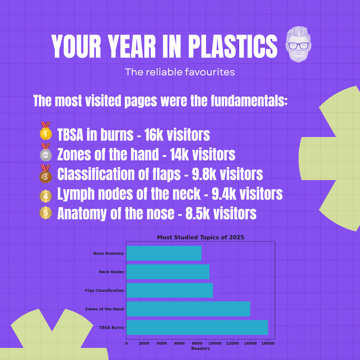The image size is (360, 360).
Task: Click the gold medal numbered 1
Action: (x=46, y=131)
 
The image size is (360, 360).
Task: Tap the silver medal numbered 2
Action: (x=46, y=152)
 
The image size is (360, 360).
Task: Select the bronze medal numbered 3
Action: (x=46, y=174)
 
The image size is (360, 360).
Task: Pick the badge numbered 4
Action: (x=46, y=196)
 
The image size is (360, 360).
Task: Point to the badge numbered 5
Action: (x=46, y=213)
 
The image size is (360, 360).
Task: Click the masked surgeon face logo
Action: (x=298, y=45)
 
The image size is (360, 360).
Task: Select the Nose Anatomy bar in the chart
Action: (x=164, y=253)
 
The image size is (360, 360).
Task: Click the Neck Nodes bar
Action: (x=168, y=272)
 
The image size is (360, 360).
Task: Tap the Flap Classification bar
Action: (x=170, y=290)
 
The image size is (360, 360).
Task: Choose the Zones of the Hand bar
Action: (x=188, y=309)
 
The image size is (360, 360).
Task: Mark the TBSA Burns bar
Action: (x=197, y=327)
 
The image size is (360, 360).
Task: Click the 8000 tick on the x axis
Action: (x=197, y=343)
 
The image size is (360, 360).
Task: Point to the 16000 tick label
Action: (x=268, y=343)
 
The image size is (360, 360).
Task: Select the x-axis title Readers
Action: (x=200, y=349)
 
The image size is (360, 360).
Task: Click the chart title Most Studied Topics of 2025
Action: (x=200, y=237)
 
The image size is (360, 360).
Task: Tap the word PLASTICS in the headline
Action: (x=233, y=46)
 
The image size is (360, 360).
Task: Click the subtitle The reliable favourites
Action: (x=180, y=72)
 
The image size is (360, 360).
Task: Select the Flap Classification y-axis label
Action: (x=104, y=290)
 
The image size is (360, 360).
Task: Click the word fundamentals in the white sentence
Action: (x=249, y=101)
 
